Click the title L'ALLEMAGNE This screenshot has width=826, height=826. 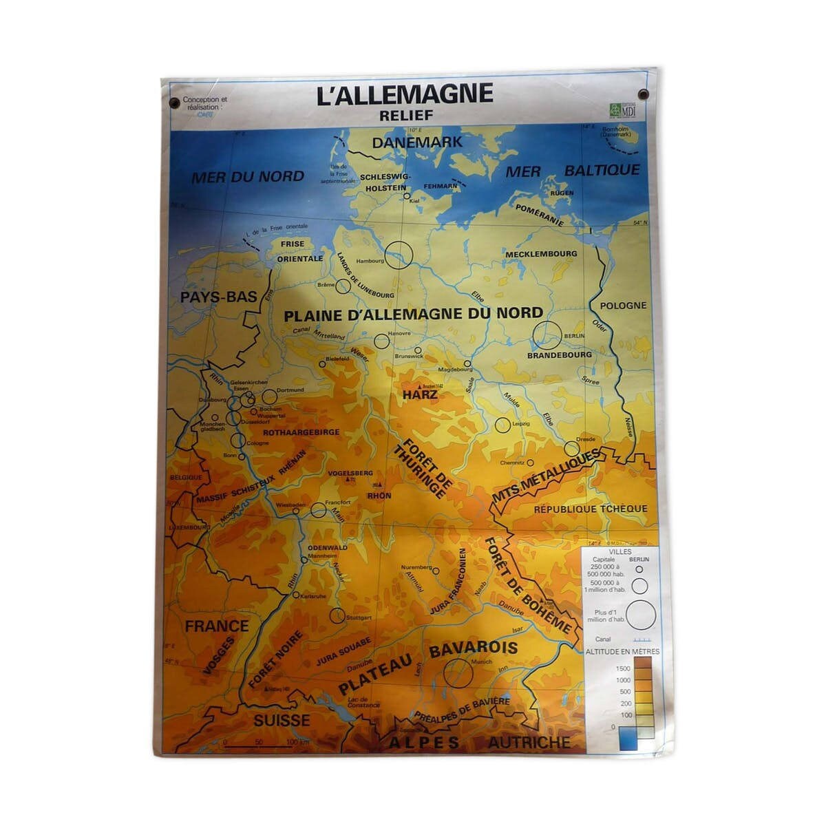click(405, 94)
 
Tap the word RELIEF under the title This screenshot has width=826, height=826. click(406, 115)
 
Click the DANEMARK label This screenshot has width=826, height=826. click(407, 142)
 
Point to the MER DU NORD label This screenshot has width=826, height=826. click(248, 176)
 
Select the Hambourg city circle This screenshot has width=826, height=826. click(398, 255)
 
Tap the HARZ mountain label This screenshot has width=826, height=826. click(420, 396)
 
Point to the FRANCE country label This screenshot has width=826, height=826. click(216, 626)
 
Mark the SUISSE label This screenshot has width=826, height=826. click(282, 721)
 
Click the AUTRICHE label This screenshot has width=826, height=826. click(529, 742)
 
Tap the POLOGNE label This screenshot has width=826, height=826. click(623, 305)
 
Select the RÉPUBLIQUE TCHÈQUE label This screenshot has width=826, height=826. click(591, 509)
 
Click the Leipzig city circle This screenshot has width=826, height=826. click(502, 425)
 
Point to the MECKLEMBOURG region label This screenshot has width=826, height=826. click(541, 254)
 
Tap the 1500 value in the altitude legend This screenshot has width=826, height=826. click(622, 668)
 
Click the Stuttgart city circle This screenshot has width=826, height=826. click(337, 615)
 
